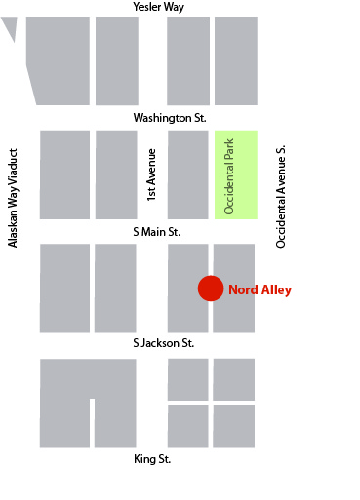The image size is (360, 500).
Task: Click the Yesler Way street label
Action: point(159,7)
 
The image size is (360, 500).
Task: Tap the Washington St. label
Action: point(170,118)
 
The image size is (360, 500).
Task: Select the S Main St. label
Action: point(156,232)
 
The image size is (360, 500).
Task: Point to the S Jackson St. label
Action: point(164,343)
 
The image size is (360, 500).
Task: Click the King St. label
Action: point(158,458)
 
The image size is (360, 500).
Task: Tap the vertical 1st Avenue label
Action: point(151,174)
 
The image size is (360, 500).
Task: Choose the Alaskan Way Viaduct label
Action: point(14,198)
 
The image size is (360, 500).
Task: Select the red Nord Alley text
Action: point(260,289)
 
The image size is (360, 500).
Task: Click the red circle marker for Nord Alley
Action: point(211,288)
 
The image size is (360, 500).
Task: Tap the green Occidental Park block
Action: point(236,173)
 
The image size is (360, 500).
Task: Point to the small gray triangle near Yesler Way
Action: point(11,27)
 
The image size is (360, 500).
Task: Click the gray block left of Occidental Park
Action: point(188,173)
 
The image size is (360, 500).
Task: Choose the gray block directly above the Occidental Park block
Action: point(236,60)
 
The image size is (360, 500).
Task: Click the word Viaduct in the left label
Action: point(14,169)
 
